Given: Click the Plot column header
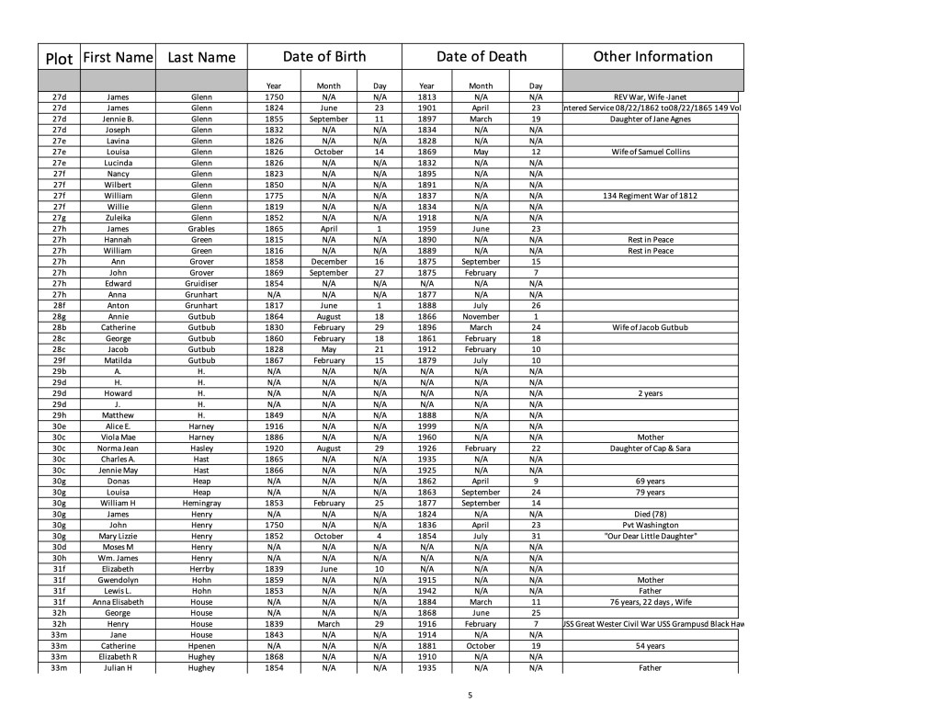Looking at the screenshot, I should [59, 58].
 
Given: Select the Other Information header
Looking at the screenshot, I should [652, 56].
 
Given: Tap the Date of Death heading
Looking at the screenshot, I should [482, 56].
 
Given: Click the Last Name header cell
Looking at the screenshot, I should [201, 57].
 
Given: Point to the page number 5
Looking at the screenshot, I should [470, 695].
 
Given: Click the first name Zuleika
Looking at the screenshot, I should [118, 217].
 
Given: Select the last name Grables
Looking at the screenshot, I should [201, 228].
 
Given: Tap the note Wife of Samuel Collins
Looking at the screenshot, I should [652, 152].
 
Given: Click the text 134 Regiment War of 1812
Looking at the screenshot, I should [652, 196].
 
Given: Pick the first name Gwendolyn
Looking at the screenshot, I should [118, 580].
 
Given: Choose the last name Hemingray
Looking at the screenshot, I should [201, 503].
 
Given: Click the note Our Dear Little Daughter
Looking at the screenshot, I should [652, 536].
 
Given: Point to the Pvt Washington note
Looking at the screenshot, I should [652, 525].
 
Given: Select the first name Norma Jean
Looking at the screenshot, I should [118, 449].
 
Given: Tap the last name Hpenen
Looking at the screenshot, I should [201, 646].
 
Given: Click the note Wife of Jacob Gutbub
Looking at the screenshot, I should [652, 327].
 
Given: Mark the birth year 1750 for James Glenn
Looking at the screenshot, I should [273, 97].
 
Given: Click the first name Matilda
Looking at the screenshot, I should [118, 360].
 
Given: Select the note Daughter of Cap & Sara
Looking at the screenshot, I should [652, 449].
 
